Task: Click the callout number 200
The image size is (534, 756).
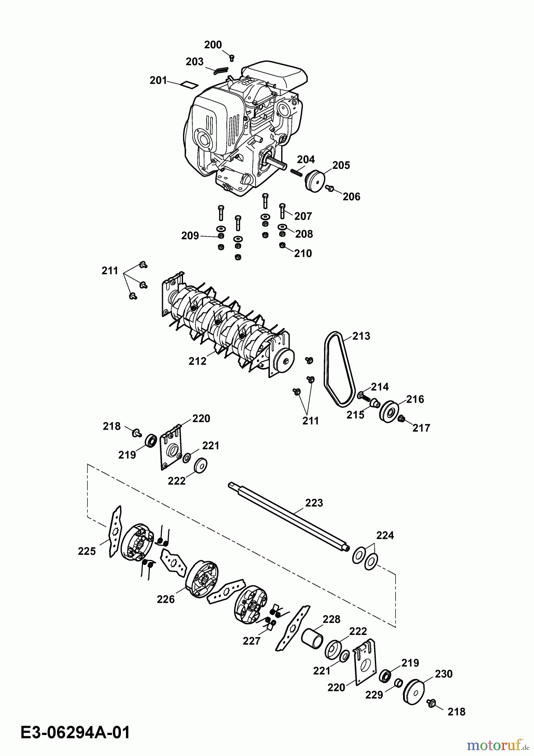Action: tap(213, 45)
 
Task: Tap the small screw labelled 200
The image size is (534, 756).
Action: tap(232, 57)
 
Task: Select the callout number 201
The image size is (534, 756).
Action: tap(158, 80)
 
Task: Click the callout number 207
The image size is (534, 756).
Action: tap(303, 216)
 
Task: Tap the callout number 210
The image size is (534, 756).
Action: tap(303, 253)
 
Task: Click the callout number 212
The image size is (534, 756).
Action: tap(197, 361)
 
